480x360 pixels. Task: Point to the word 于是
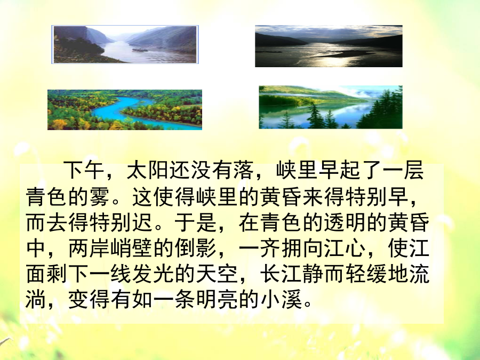[196, 222]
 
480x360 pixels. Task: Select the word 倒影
[196, 248]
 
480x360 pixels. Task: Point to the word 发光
[153, 274]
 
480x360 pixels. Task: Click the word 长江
[281, 274]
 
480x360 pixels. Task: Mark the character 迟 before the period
[142, 222]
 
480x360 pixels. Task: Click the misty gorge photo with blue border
[125, 45]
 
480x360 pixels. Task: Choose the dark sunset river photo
[329, 46]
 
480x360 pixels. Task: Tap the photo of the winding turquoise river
[125, 110]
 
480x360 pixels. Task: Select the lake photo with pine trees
[331, 107]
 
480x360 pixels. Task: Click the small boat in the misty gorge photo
[140, 50]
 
